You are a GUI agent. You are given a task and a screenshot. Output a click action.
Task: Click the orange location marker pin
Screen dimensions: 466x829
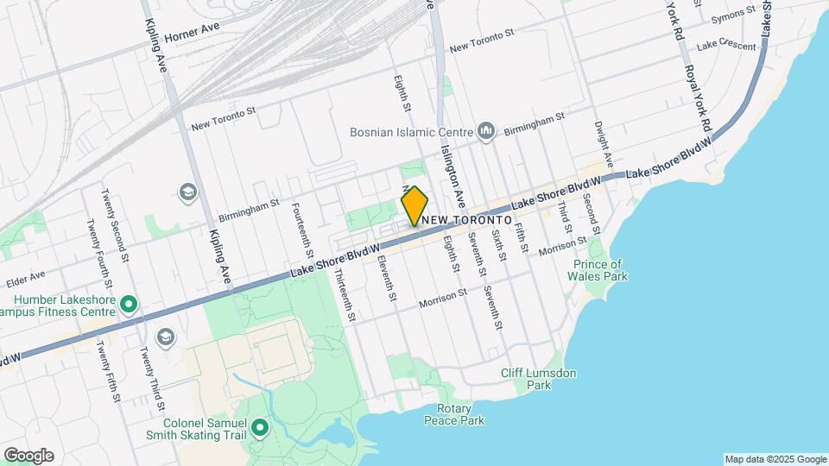[415, 206]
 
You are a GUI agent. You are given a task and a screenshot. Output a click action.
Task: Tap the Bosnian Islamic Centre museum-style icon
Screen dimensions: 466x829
[485, 132]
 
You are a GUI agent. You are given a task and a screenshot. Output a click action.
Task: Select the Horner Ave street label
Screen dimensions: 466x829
[193, 28]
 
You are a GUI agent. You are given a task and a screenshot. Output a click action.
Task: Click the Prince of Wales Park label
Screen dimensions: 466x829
[598, 270]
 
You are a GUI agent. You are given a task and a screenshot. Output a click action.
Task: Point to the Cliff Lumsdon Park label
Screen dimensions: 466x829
[539, 379]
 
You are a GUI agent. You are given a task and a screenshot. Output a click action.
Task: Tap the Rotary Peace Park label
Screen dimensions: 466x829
[454, 414]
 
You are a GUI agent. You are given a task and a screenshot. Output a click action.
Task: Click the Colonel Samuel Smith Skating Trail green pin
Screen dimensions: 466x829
[258, 428]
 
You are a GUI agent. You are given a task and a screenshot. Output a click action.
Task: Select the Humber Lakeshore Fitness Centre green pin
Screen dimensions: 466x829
[129, 304]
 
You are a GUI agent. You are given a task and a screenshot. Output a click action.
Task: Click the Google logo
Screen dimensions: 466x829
[28, 456]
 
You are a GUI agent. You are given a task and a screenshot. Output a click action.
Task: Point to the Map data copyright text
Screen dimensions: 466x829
[775, 459]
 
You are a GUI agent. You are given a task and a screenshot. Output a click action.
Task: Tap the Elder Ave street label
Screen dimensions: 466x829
[25, 278]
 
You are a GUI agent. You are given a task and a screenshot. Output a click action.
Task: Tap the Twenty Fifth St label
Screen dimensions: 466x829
[108, 372]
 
